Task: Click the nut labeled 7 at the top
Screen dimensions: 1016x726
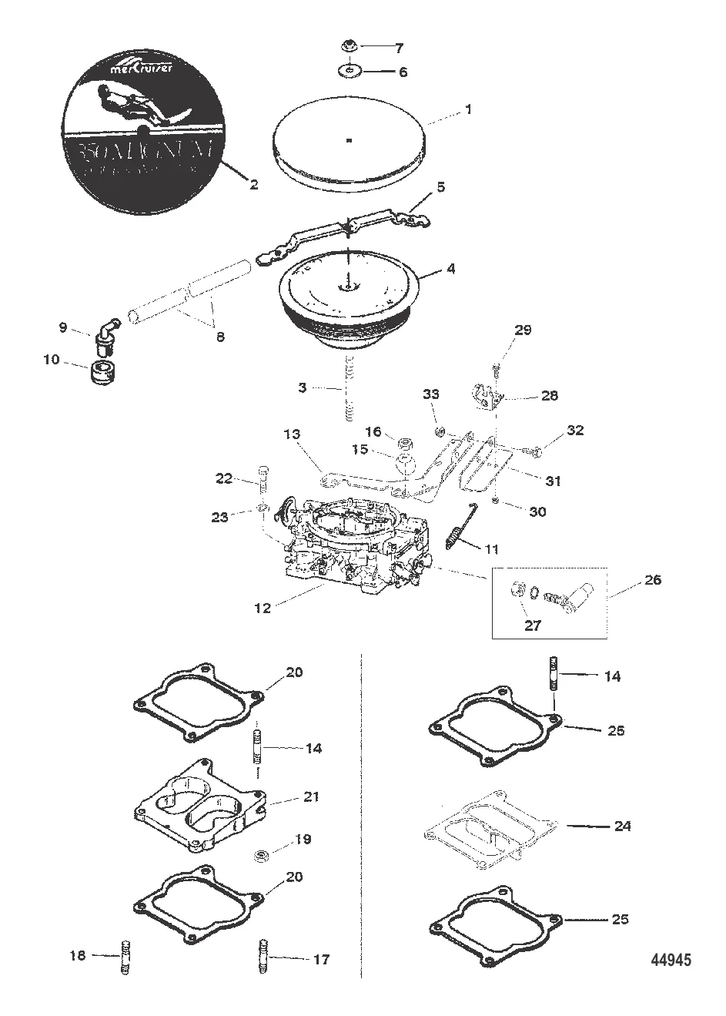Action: [348, 48]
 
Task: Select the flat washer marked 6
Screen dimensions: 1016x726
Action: [349, 72]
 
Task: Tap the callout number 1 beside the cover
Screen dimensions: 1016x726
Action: [467, 110]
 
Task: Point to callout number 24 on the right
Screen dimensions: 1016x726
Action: [622, 826]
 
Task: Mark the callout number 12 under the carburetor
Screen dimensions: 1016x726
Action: [263, 608]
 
